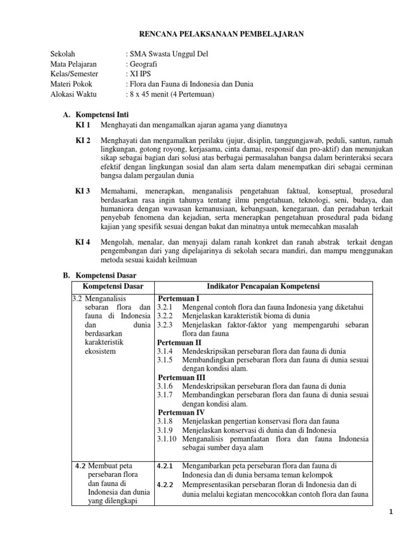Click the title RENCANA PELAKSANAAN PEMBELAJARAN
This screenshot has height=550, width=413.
coord(222,34)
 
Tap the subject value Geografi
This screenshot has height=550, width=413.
coord(143,64)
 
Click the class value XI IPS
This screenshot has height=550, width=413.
coord(140,74)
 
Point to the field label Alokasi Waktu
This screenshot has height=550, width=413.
coord(72,95)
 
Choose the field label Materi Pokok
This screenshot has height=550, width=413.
coord(72,84)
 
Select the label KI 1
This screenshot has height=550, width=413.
coord(83,125)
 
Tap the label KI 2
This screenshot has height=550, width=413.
coord(83,140)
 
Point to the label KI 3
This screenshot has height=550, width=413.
coord(83,191)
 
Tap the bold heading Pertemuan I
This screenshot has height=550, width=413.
coord(179,298)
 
